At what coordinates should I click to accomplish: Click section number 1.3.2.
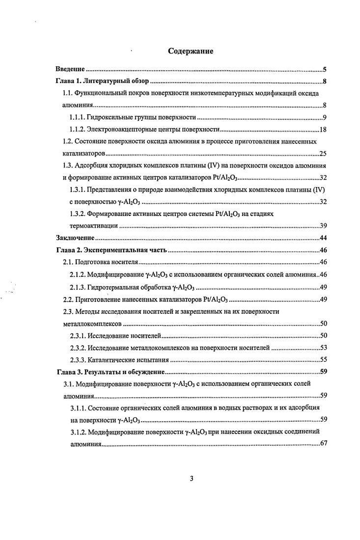click(77, 214)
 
